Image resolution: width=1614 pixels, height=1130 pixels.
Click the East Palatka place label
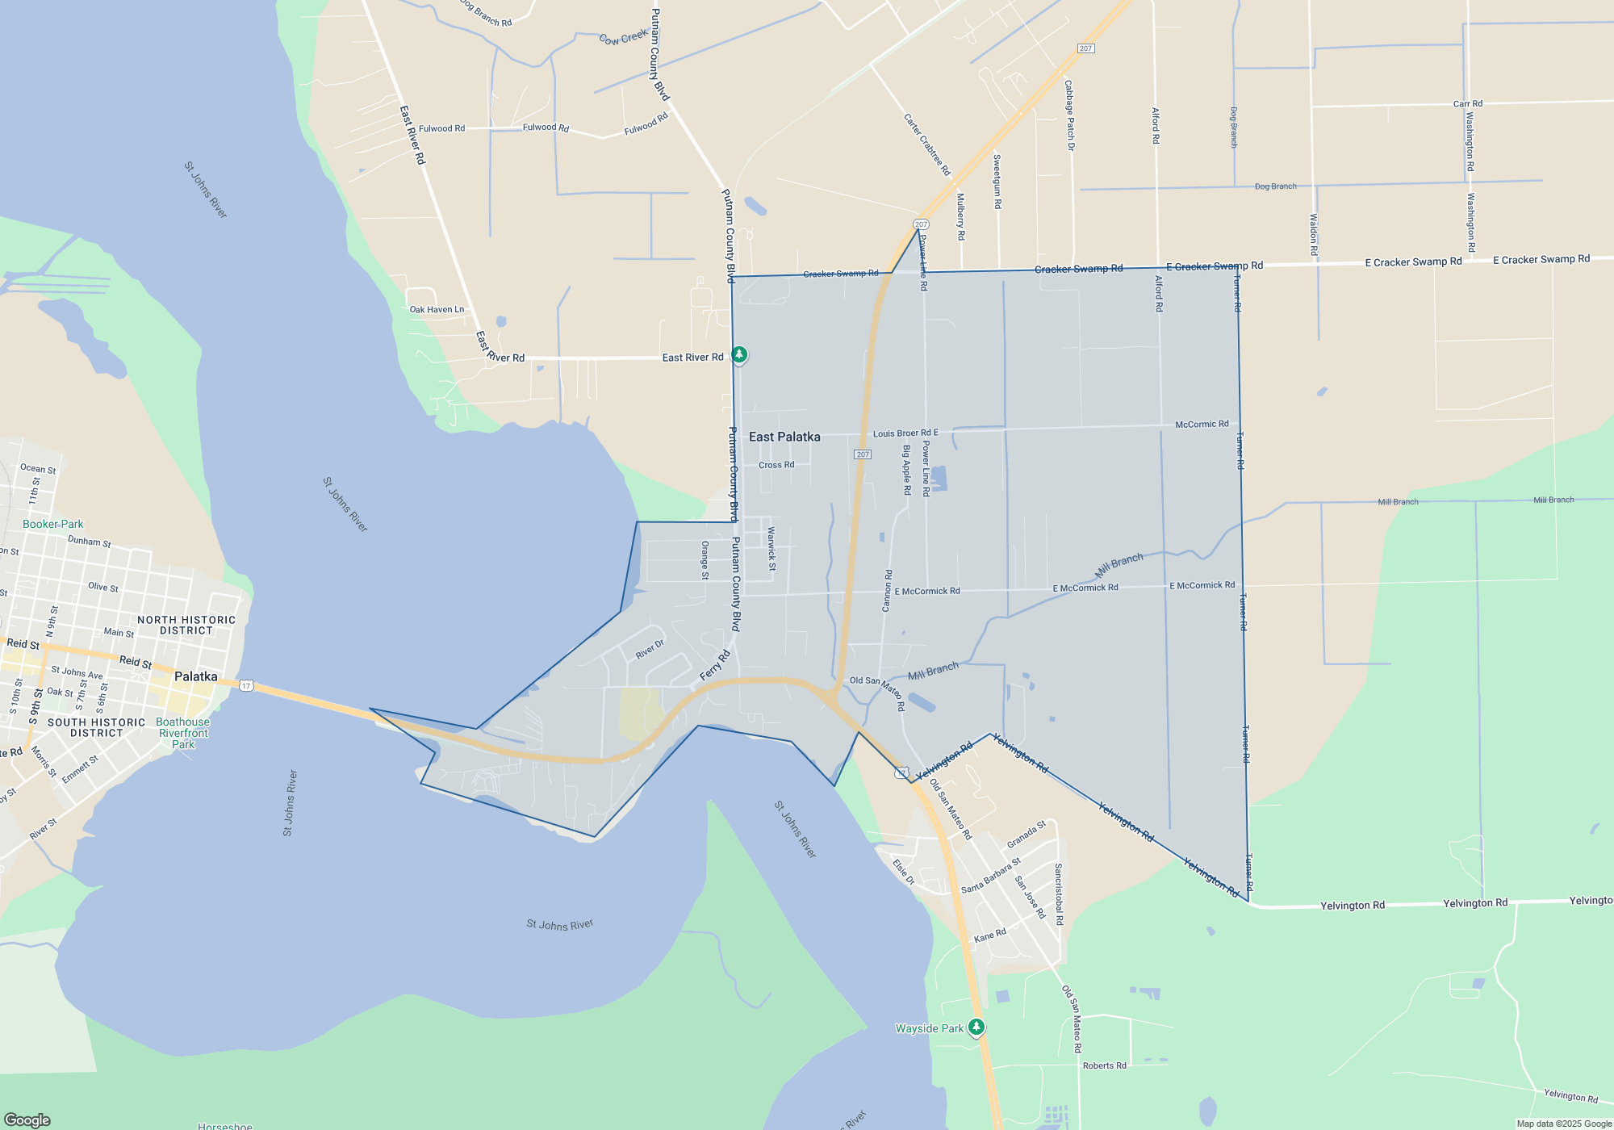[x=784, y=437]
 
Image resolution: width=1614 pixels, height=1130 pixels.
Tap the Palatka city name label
[x=195, y=676]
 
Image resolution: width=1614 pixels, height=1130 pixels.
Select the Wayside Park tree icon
[x=976, y=1027]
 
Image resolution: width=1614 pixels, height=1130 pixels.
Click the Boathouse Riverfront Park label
[x=183, y=733]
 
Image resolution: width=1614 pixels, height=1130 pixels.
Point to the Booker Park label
[x=52, y=524]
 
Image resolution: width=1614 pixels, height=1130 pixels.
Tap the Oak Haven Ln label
[x=437, y=309]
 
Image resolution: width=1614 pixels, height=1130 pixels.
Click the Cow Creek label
[x=623, y=37]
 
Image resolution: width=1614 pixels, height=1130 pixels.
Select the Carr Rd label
[x=1467, y=103]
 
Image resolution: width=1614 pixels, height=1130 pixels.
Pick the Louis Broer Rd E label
[x=905, y=433]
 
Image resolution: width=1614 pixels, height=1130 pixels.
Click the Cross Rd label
[x=776, y=465]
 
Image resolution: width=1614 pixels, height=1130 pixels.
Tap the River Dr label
[x=650, y=649]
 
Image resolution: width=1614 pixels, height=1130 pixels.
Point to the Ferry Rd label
[x=714, y=666]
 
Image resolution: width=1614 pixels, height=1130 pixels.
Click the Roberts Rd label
[x=1104, y=1065]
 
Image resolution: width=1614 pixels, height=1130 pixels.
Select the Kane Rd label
[x=989, y=935]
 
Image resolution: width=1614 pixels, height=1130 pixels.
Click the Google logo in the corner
[x=27, y=1120]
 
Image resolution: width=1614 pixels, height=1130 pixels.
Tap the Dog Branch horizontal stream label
[x=1275, y=186]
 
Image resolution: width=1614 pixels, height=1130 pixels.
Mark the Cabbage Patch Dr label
[x=1069, y=115]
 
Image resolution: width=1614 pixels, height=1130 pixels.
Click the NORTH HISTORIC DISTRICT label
[x=186, y=625]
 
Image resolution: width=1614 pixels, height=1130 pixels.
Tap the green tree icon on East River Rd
[x=738, y=354]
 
